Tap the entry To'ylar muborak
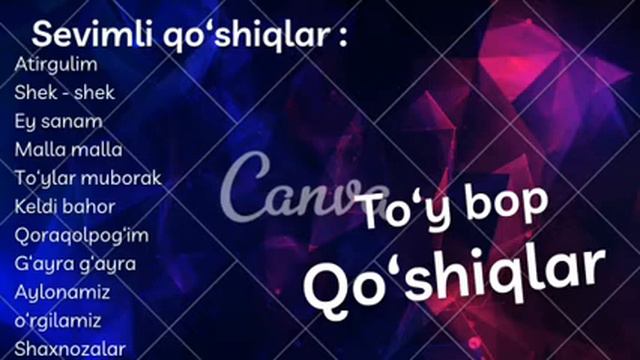coord(88,179)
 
